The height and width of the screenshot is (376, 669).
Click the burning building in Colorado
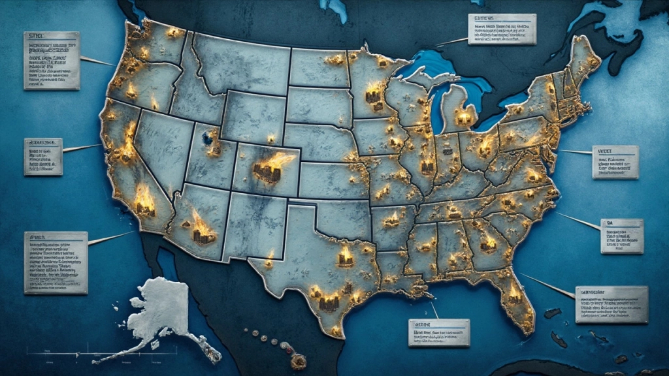tap(267, 171)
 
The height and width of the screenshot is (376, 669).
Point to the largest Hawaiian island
tap(299, 360)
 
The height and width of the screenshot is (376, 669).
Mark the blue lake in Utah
tap(210, 138)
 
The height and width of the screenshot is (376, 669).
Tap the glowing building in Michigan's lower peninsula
tap(464, 117)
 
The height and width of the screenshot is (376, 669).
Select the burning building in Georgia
tap(488, 243)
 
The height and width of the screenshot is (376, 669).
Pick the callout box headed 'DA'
tap(621, 236)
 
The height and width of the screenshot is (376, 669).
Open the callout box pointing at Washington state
tap(52, 61)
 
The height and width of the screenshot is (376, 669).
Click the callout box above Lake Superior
tap(502, 29)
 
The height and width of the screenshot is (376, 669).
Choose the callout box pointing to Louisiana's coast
tap(438, 332)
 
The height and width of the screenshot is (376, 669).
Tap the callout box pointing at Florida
tap(611, 304)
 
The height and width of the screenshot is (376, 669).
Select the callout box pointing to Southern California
tap(56, 262)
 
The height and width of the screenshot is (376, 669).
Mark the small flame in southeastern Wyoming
tap(271, 138)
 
